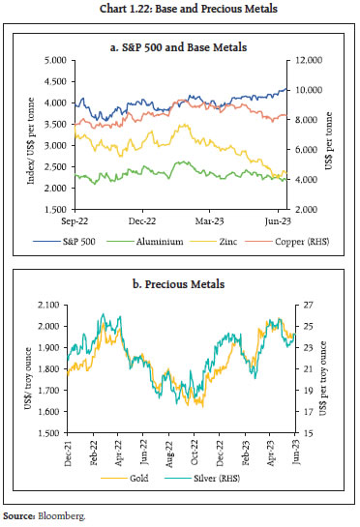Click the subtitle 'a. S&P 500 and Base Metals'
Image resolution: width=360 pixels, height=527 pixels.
click(x=180, y=44)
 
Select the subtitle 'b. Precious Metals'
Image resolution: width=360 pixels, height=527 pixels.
click(x=180, y=284)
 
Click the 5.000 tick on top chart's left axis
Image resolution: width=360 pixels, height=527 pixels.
click(x=51, y=60)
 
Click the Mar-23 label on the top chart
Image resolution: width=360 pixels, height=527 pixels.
click(x=213, y=220)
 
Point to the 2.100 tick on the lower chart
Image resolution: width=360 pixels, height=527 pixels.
click(x=51, y=306)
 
